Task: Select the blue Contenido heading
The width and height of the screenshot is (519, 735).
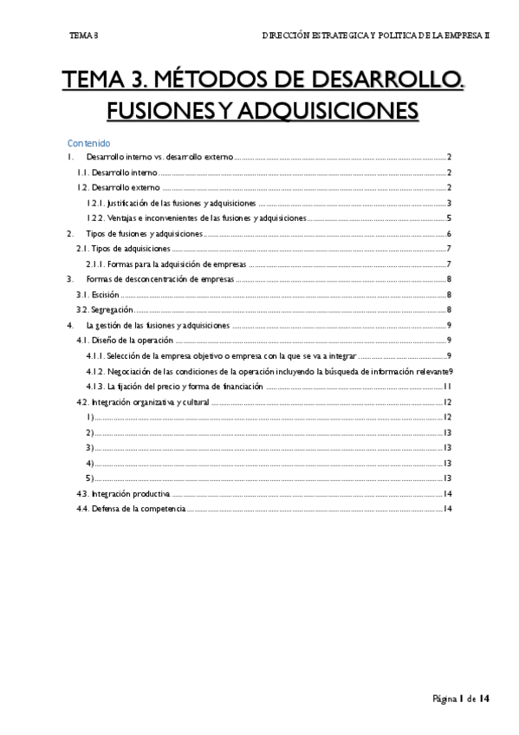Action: tap(88, 142)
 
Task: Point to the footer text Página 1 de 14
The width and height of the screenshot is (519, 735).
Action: tap(463, 699)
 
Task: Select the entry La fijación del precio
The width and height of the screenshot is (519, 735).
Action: tap(174, 387)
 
